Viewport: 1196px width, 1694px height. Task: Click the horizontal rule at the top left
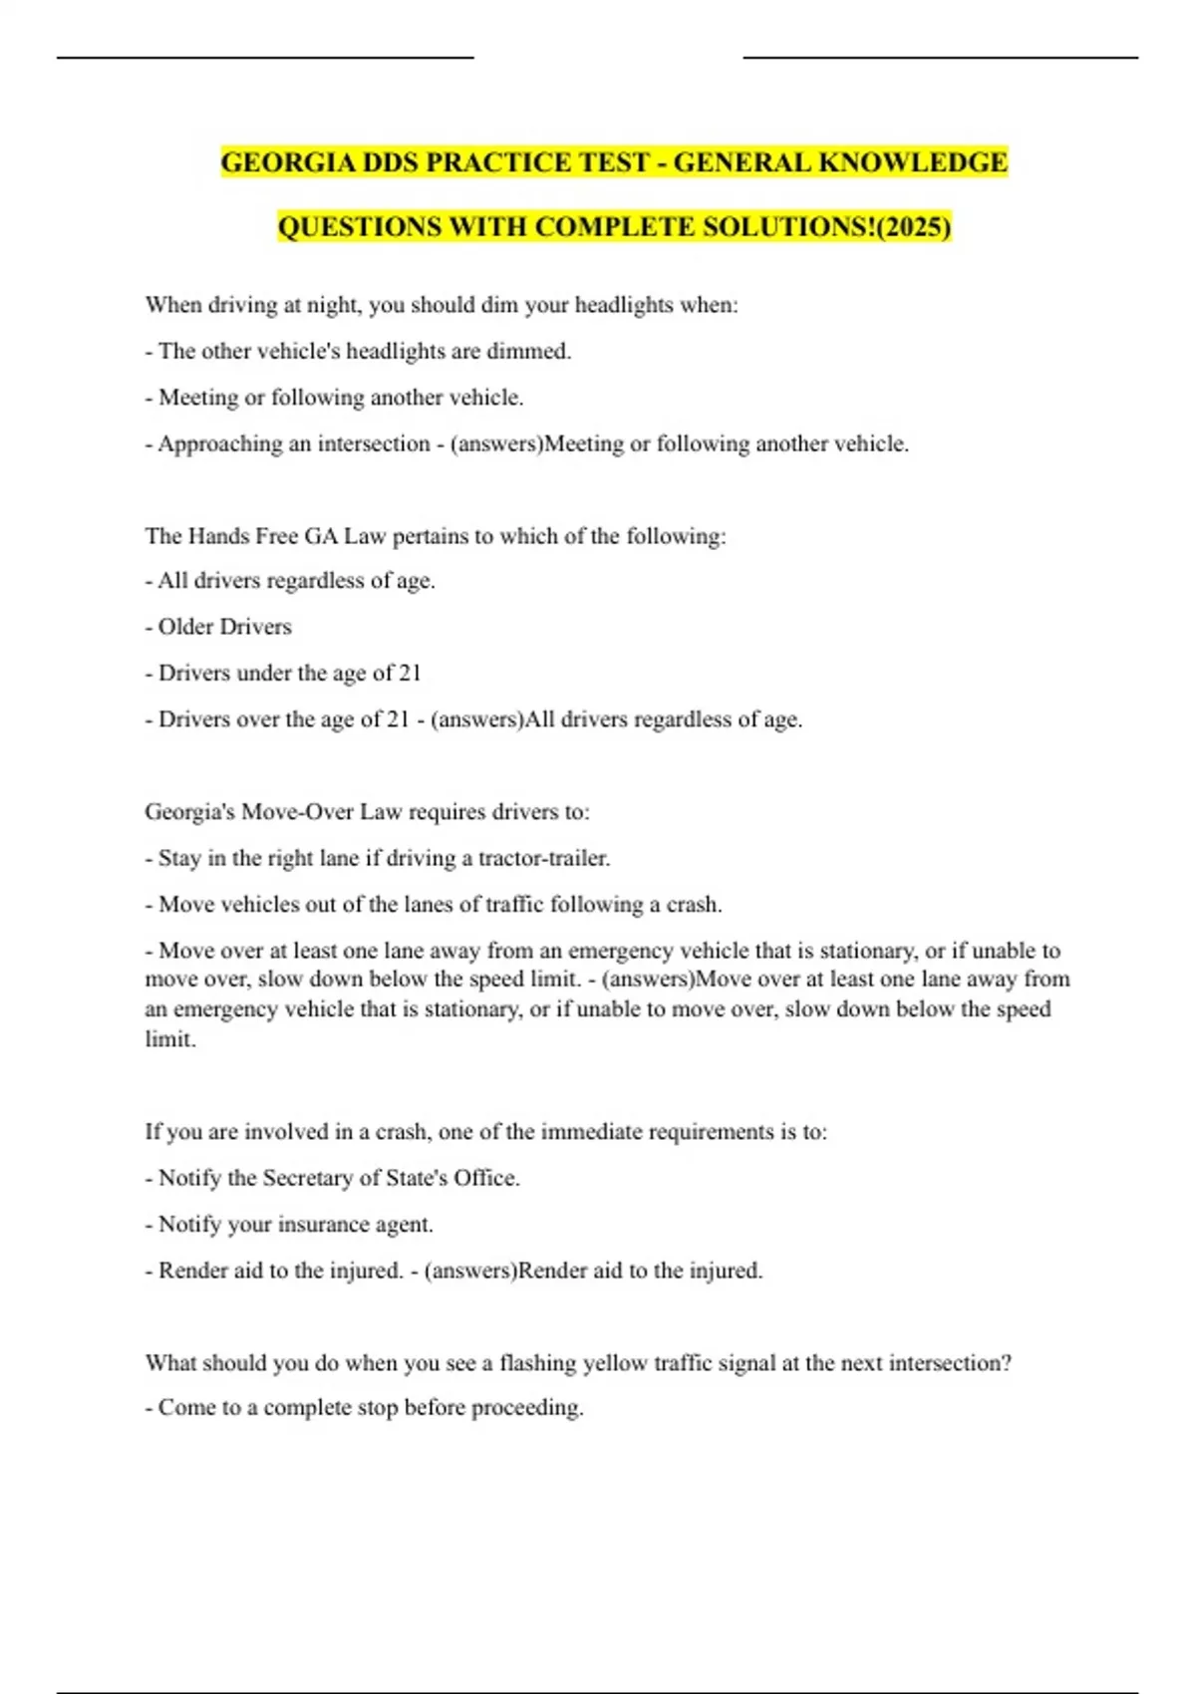[265, 58]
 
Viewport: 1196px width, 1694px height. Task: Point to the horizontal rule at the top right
[940, 58]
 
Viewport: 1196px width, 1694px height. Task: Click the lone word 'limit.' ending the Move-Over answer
[170, 1039]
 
